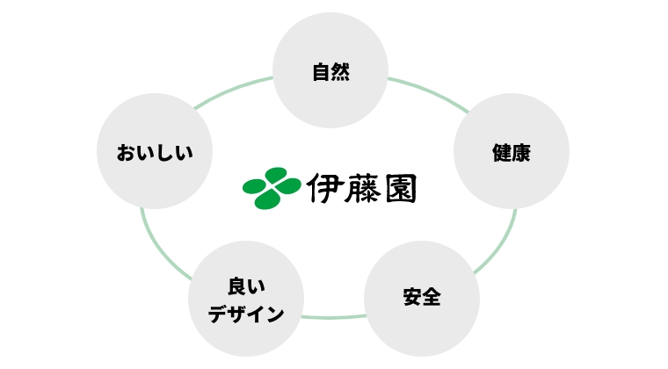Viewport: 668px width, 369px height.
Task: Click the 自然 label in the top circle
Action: coord(331,72)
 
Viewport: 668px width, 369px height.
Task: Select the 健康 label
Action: coord(512,153)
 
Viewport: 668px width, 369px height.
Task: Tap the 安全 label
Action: coord(422,297)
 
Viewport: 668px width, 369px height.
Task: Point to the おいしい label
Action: coord(155,153)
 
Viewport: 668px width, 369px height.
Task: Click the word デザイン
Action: coord(246,315)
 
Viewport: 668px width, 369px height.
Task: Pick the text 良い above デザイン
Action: coord(246,287)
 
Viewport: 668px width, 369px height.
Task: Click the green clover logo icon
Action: coord(272,188)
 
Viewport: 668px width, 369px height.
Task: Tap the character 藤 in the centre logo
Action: coord(362,188)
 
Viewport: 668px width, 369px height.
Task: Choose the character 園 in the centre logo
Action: coord(401,188)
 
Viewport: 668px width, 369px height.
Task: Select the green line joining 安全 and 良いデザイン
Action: coord(334,317)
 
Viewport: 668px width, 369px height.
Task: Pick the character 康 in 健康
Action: coord(521,153)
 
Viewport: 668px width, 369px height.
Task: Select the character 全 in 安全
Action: coord(432,297)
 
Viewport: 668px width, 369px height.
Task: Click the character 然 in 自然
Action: coord(341,72)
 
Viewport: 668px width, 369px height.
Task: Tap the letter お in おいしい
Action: coord(126,153)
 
